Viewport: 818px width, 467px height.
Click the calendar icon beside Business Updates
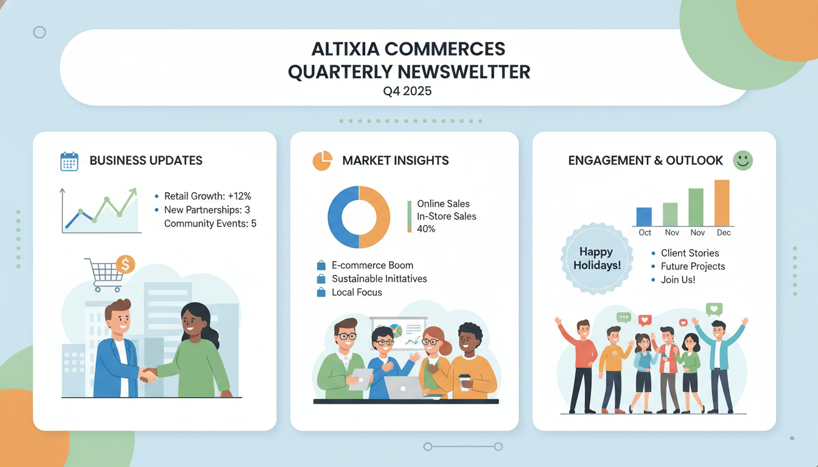(69, 161)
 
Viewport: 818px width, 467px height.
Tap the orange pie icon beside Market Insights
(322, 161)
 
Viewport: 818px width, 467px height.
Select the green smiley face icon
(743, 161)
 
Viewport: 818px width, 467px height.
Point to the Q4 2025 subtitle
(408, 92)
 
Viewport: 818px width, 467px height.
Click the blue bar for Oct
(644, 216)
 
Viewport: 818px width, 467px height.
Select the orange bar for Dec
(722, 203)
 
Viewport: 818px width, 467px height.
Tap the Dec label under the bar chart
(724, 233)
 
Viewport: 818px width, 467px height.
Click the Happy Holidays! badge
(596, 258)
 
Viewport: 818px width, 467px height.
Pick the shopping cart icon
(105, 275)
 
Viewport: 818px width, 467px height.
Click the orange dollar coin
(125, 265)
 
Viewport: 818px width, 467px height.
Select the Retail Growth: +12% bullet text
(208, 196)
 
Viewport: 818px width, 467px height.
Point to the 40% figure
(426, 229)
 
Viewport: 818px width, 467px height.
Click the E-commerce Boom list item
(372, 266)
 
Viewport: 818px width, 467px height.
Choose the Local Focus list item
(357, 292)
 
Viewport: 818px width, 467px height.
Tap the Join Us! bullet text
(677, 280)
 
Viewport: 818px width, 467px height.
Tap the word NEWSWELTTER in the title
(463, 72)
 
